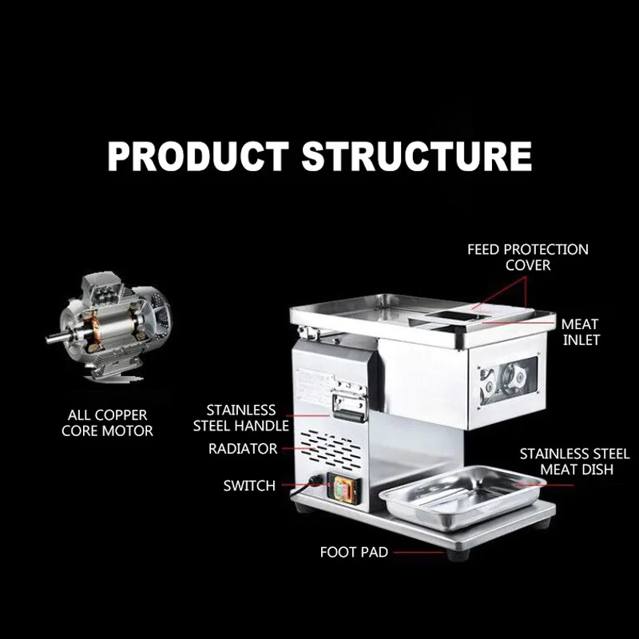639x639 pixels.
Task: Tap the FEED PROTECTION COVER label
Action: click(527, 257)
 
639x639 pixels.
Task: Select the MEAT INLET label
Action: click(580, 332)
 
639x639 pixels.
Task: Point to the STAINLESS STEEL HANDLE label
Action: click(240, 418)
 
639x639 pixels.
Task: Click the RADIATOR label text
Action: click(243, 449)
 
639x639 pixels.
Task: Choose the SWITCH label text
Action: click(249, 486)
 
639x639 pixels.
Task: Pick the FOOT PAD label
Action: click(354, 552)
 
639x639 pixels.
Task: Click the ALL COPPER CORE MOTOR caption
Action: click(107, 423)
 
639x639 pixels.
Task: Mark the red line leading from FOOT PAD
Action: click(419, 552)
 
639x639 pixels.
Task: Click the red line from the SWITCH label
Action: click(300, 485)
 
